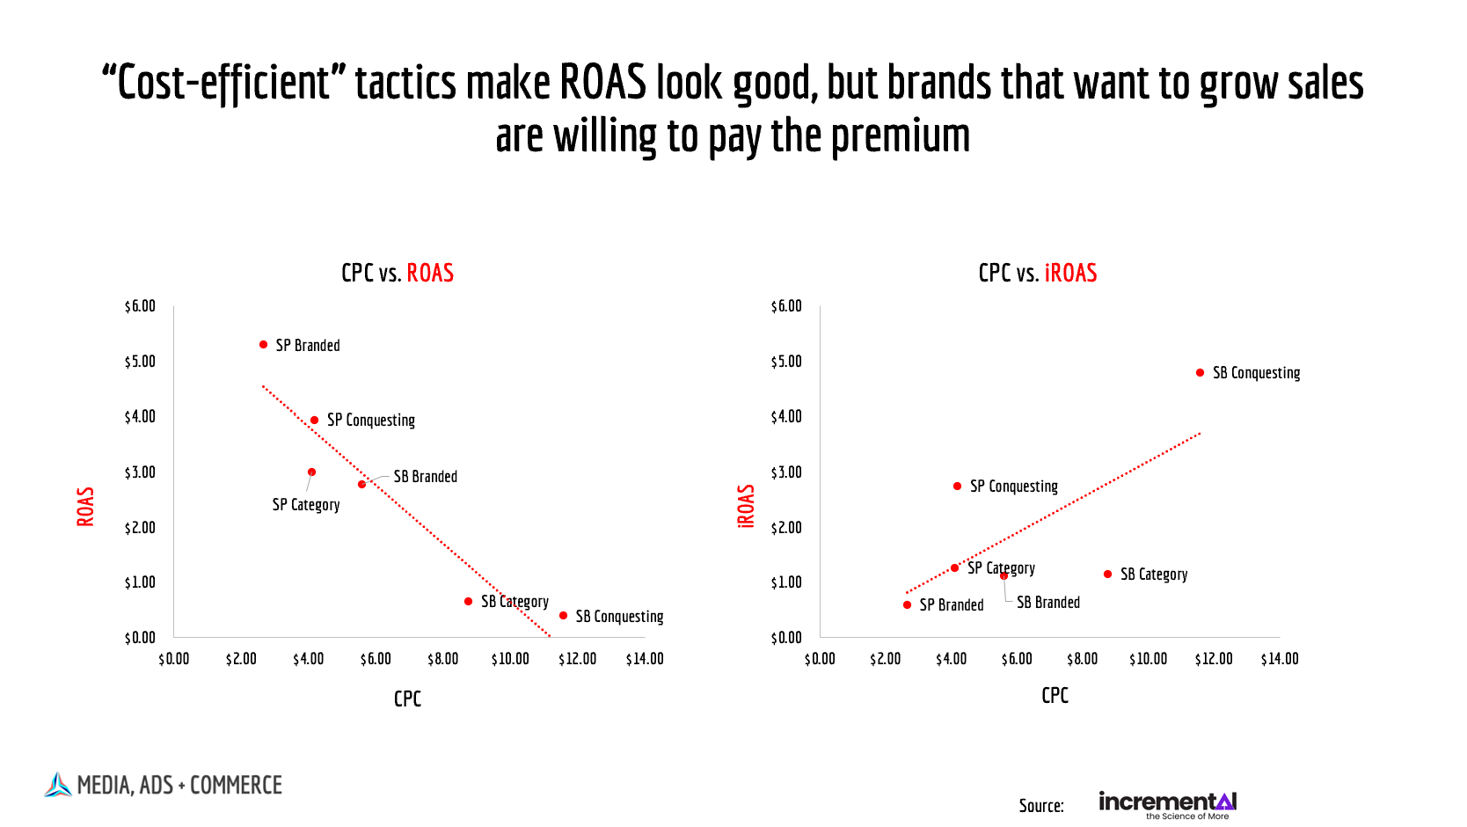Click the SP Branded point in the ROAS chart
coord(263,345)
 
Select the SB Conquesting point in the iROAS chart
coord(1200,373)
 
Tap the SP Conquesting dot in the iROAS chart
coord(957,487)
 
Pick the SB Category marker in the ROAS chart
coord(468,602)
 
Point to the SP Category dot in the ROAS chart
coord(311,472)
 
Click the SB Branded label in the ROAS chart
coord(425,477)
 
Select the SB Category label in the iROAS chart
coord(1153,575)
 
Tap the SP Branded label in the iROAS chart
coord(951,605)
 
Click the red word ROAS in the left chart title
coord(430,274)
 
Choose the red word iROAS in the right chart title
coord(1070,274)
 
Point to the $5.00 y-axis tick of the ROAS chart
coord(140,362)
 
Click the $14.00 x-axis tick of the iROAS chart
coord(1279,659)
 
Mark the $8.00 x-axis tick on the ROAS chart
coord(442,659)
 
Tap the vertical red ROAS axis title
coord(85,507)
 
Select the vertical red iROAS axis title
coord(746,506)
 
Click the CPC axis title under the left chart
coord(407,699)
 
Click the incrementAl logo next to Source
coord(1167,803)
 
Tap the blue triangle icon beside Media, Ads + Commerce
coord(58,785)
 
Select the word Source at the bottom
coord(1040,806)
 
